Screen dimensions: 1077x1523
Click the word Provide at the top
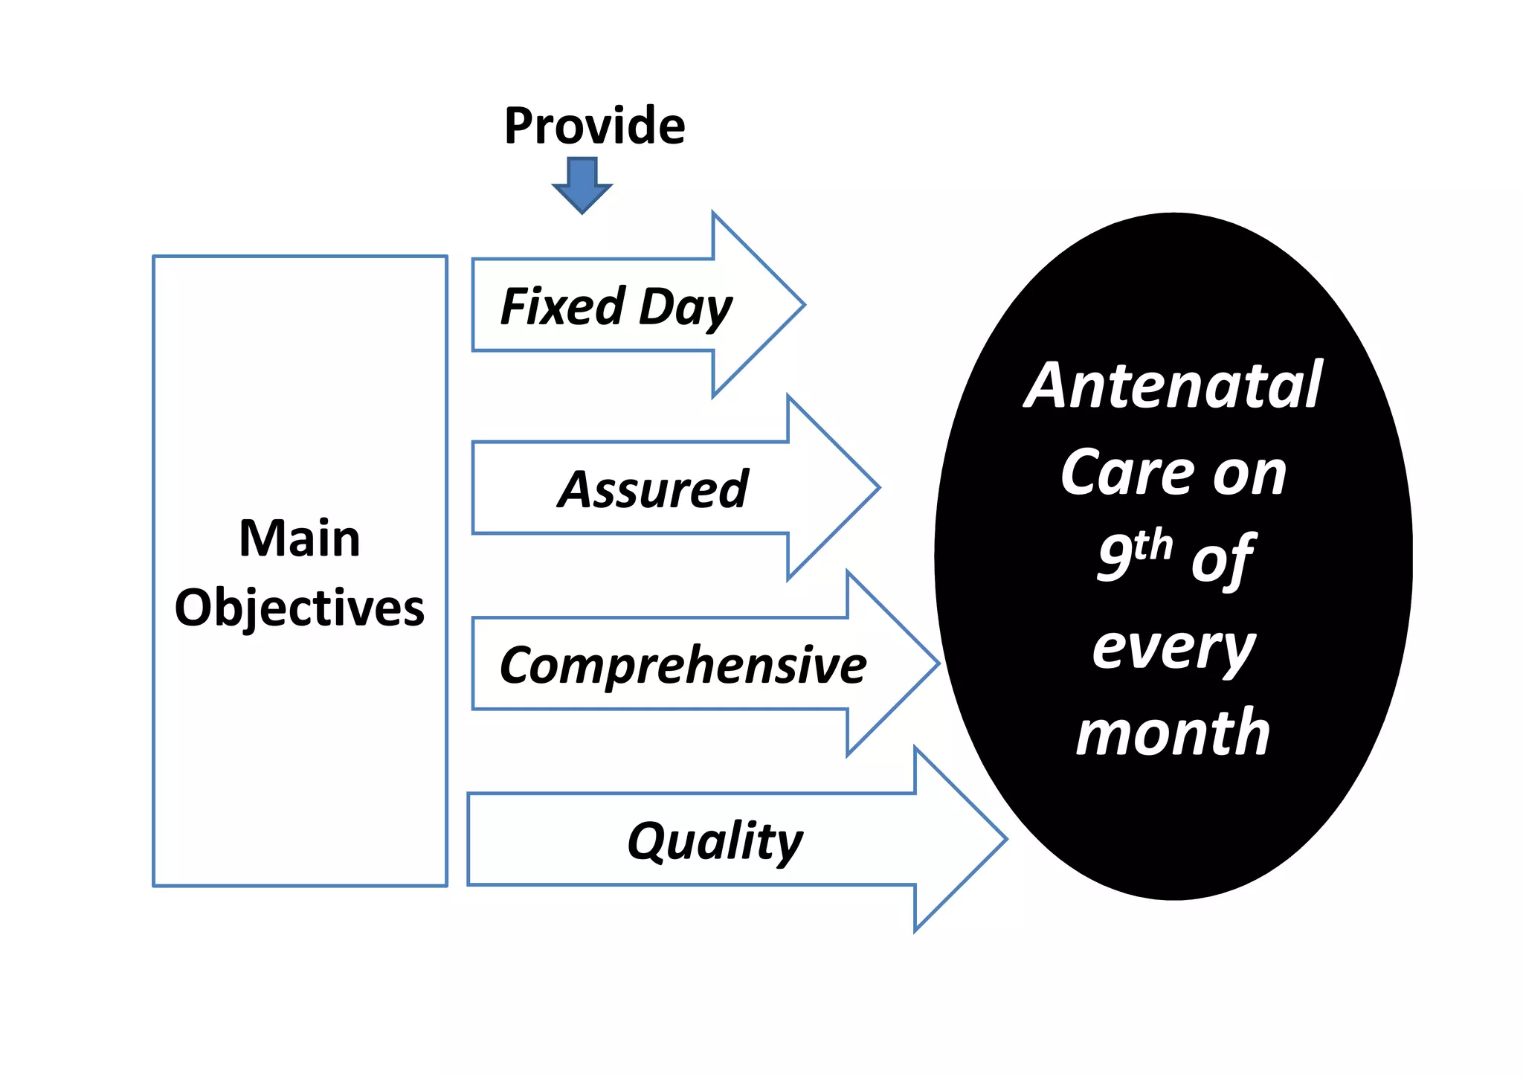(594, 126)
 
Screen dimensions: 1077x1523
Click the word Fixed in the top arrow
(563, 306)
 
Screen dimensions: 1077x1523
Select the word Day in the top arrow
(686, 307)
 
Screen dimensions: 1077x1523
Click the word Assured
(653, 489)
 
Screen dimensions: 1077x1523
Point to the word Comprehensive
(683, 665)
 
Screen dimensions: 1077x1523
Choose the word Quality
(715, 841)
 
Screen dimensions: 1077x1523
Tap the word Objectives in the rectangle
(300, 608)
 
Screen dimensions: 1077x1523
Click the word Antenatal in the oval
(1173, 385)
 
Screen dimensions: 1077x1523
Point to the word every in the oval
(1173, 647)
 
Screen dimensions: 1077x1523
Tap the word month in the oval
(1173, 733)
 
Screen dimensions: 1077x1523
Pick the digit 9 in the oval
(1115, 559)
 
